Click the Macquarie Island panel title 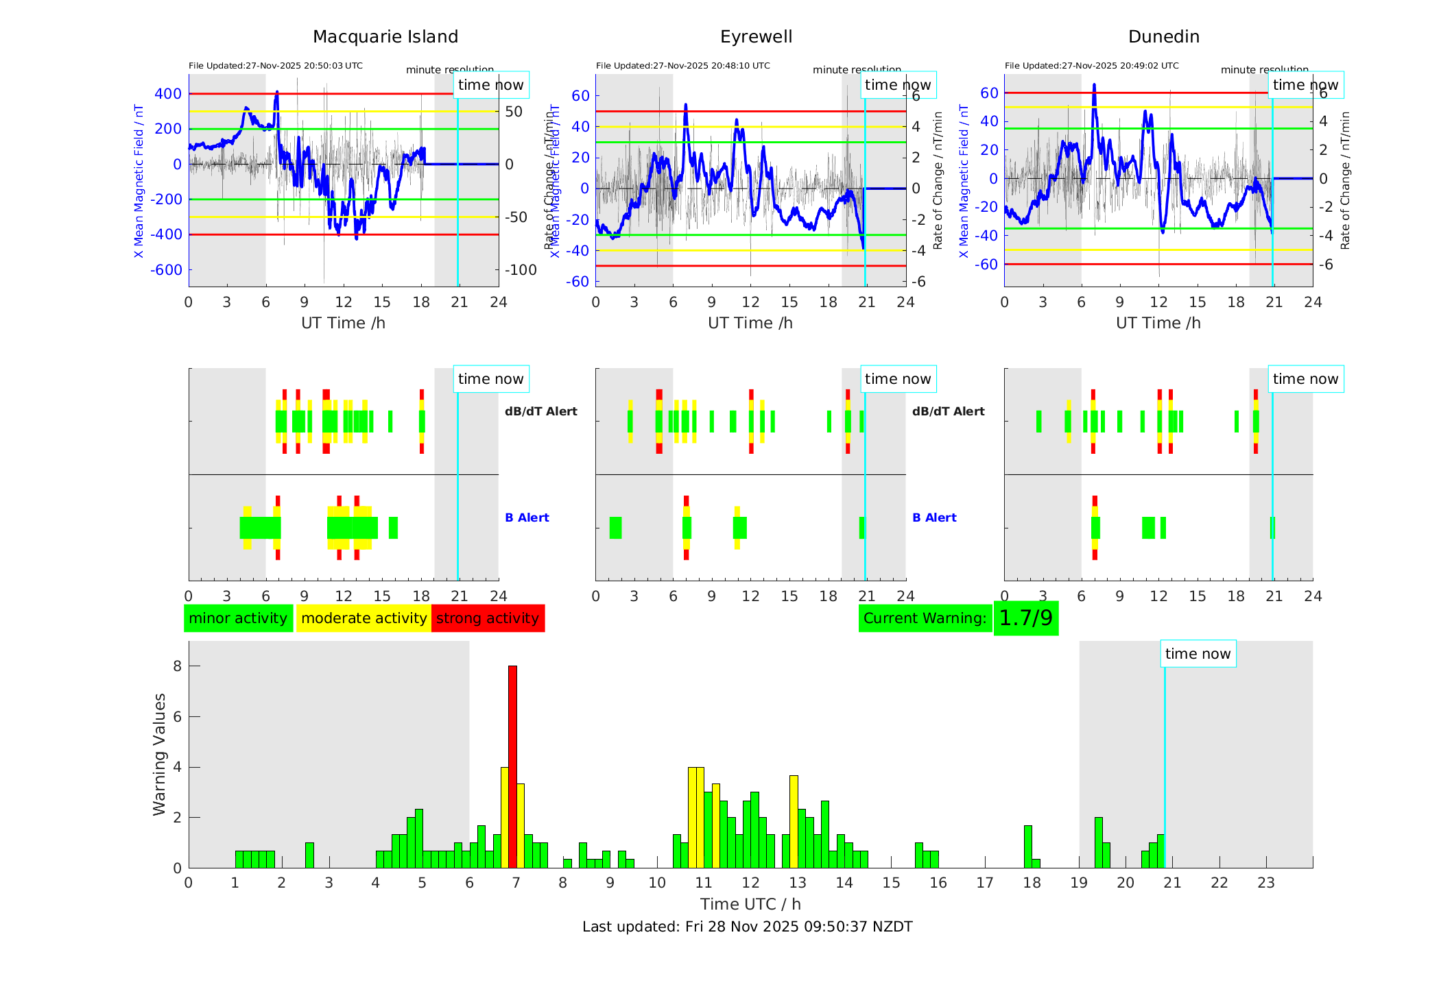tap(385, 37)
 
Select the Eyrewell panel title tap(756, 37)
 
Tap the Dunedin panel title tap(1163, 37)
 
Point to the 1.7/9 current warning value tap(1025, 618)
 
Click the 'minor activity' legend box tap(238, 618)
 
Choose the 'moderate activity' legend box tap(364, 618)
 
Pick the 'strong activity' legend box tap(488, 618)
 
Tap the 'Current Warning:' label tap(925, 618)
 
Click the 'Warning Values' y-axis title tap(160, 754)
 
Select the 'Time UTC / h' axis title tap(750, 904)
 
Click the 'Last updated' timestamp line tap(747, 927)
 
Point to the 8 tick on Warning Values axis tap(177, 666)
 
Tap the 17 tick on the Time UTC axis tap(985, 883)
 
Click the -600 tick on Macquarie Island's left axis tap(167, 270)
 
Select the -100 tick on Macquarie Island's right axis tap(521, 270)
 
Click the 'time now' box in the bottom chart tap(1198, 654)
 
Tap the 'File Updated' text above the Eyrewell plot tap(682, 66)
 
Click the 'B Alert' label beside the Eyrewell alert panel tap(934, 518)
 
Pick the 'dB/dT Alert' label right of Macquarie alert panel tap(540, 411)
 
